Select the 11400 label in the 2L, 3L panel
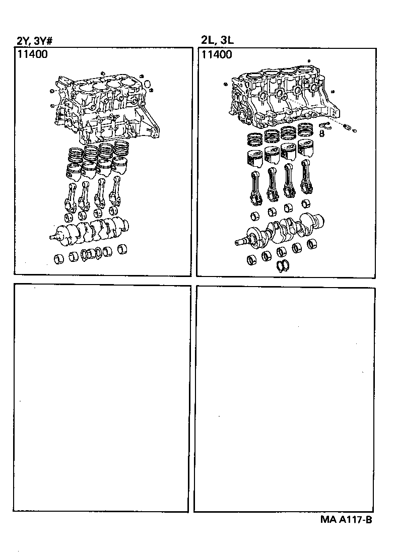217,54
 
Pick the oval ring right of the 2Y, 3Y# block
147,83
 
